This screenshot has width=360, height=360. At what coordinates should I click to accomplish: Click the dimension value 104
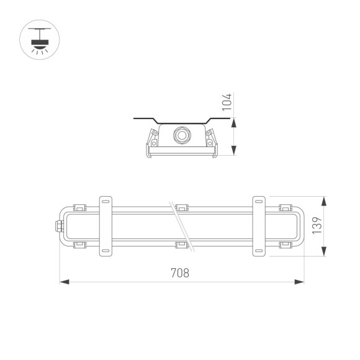point(228,103)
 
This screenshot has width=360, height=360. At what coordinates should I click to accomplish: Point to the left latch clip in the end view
point(151,140)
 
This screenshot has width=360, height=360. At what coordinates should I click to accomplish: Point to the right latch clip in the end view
point(212,140)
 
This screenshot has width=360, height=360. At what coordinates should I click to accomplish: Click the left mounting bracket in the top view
point(106,227)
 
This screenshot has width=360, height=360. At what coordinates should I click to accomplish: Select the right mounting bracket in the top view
point(259,227)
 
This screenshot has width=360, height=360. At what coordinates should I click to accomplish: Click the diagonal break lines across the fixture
point(181,227)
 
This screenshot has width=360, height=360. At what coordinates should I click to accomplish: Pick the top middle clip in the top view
point(181,207)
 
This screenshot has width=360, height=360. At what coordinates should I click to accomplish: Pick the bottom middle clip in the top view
point(181,246)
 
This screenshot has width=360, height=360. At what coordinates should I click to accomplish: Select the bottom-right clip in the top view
point(285,246)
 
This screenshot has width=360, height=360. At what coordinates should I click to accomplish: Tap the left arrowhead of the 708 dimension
point(63,282)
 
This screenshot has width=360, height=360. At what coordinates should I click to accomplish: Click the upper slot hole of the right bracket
point(259,202)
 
